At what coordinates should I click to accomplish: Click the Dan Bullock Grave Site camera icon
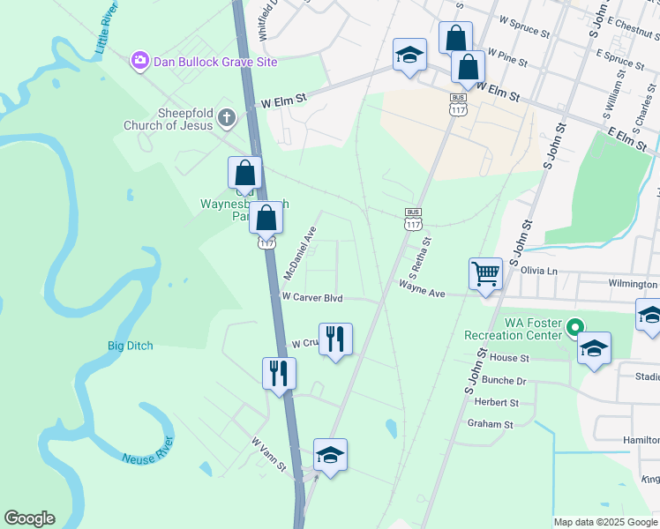pyautogui.click(x=139, y=61)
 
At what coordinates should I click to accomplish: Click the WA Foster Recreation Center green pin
pyautogui.click(x=574, y=327)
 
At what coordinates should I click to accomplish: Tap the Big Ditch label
pyautogui.click(x=130, y=346)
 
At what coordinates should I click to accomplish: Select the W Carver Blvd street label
pyautogui.click(x=311, y=298)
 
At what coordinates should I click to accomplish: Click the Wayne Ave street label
pyautogui.click(x=422, y=287)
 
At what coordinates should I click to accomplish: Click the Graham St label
pyautogui.click(x=491, y=424)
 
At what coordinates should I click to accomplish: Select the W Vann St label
pyautogui.click(x=269, y=454)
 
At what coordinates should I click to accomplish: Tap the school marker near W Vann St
pyautogui.click(x=330, y=456)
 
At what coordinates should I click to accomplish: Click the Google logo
pyautogui.click(x=29, y=518)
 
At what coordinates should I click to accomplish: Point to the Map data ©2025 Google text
pyautogui.click(x=605, y=522)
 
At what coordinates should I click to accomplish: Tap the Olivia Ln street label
pyautogui.click(x=540, y=270)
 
